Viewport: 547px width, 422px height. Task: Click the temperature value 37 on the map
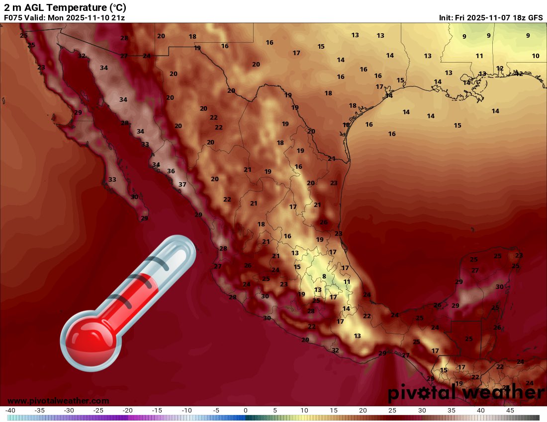182,185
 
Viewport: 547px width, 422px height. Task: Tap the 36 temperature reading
171,171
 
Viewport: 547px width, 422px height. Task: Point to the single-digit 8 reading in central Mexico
324,277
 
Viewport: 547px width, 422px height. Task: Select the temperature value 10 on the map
536,56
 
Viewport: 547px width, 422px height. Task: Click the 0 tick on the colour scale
246,411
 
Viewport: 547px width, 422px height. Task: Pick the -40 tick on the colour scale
10,411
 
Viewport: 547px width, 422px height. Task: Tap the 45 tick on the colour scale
510,411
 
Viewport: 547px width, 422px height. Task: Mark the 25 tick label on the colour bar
392,411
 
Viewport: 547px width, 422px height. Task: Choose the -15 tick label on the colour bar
158,411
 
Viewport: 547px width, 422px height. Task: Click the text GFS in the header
535,17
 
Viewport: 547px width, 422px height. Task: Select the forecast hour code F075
13,17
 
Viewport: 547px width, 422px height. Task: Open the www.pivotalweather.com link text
58,401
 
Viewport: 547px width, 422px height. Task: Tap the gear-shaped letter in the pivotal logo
425,393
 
